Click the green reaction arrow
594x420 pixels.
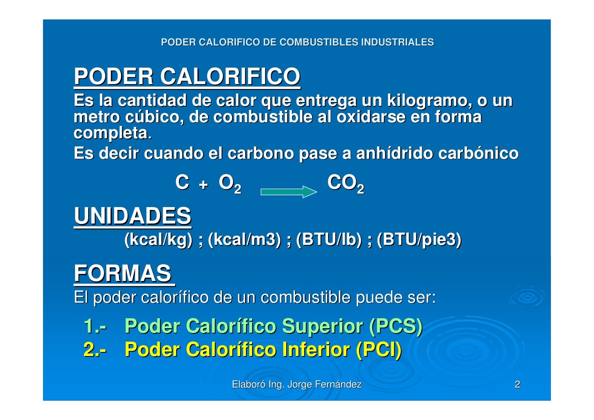pos(289,192)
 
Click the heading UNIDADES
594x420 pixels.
pos(132,216)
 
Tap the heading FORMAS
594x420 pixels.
pos(123,274)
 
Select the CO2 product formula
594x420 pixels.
pos(345,183)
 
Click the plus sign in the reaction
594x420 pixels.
pos(203,185)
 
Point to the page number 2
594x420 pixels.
pos(517,384)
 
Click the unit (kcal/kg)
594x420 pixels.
pos(158,240)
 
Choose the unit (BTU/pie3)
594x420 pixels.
pos(419,240)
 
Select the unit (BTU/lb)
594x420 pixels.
pos(329,240)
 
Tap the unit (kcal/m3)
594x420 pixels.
pos(244,240)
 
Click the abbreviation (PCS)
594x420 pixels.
pos(396,326)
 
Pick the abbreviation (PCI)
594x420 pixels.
pos(379,349)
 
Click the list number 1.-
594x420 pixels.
pos(95,326)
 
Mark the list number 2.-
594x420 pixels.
pos(95,349)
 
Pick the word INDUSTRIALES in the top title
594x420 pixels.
pos(397,42)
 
